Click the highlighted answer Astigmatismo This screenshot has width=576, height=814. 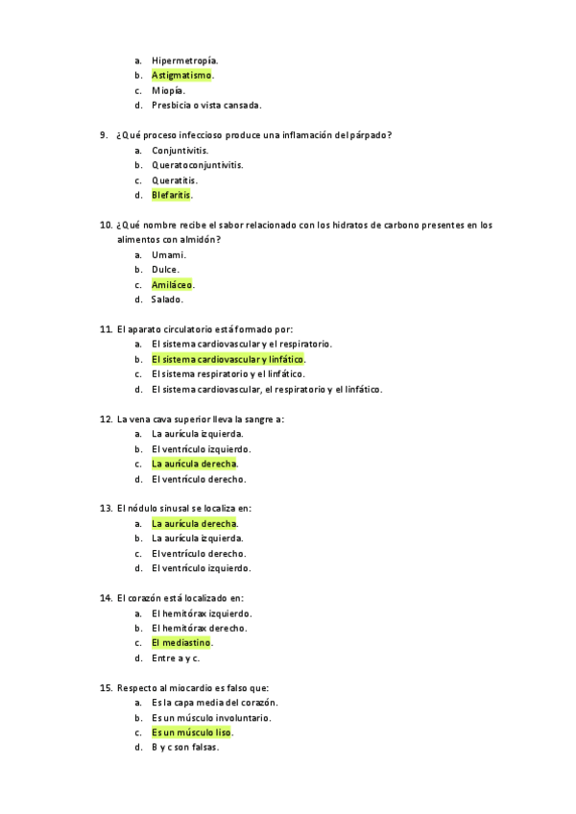[181, 75]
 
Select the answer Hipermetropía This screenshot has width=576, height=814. [184, 60]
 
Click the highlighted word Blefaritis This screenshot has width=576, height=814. [171, 195]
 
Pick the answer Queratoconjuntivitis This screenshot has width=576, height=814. [197, 165]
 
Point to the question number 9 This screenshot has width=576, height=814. [104, 135]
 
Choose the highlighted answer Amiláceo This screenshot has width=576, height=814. [172, 284]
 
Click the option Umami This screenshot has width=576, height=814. [168, 254]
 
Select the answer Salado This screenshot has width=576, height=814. [167, 299]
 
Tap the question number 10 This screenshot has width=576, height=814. [106, 225]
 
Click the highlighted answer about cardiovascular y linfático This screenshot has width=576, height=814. [228, 359]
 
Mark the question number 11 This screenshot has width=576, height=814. [106, 329]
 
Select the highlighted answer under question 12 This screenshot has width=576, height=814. [194, 464]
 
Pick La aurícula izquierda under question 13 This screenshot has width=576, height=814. [197, 539]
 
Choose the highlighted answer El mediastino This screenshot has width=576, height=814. [180, 642]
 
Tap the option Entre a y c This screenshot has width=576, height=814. [175, 658]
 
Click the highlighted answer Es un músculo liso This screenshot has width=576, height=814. [191, 732]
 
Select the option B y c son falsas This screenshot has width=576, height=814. [184, 747]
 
